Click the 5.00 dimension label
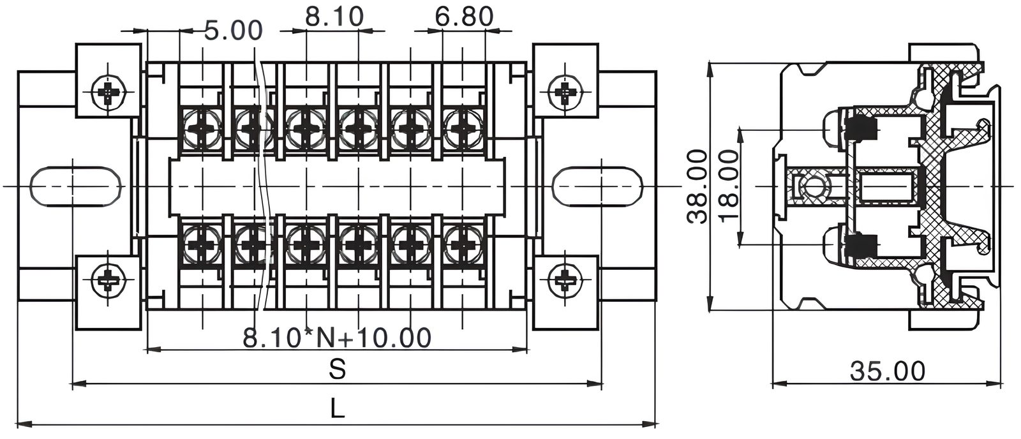(x=233, y=31)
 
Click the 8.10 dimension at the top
(x=334, y=17)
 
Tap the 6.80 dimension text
(x=464, y=17)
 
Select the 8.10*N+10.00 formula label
(x=337, y=338)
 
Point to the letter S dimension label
(x=337, y=369)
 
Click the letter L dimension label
(x=337, y=409)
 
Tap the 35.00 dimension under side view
(x=887, y=371)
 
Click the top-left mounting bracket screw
(x=109, y=93)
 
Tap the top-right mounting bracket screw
(x=565, y=93)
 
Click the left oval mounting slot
(x=76, y=186)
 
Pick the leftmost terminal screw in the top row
(x=203, y=128)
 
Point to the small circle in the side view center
(x=814, y=187)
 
